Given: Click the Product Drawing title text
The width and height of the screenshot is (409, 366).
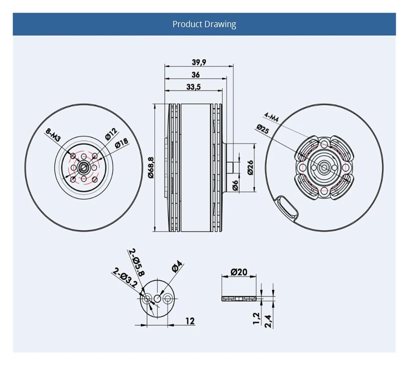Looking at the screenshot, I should click(x=204, y=24).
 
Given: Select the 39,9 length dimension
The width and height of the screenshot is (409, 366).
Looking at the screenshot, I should click(x=199, y=62).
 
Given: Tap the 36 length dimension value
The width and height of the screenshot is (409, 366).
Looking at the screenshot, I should click(x=196, y=74).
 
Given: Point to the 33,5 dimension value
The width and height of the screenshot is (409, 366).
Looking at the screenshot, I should click(x=193, y=87).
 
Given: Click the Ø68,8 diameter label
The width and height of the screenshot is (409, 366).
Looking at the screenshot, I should click(x=151, y=167).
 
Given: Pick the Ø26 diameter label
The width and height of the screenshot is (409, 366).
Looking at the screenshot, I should click(x=250, y=167).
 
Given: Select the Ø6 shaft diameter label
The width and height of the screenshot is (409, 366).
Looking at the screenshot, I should click(x=235, y=185).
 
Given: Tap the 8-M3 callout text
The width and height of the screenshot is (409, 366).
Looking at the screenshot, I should click(x=53, y=135).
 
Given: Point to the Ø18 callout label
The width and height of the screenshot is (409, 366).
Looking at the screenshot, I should click(x=121, y=143).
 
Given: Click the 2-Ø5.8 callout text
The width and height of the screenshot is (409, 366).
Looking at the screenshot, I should click(x=137, y=262).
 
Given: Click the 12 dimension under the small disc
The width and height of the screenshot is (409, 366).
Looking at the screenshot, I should click(x=190, y=321).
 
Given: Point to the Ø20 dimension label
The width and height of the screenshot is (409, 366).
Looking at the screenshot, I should click(x=239, y=272).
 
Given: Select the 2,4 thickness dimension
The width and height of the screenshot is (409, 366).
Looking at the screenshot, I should click(x=268, y=321).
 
